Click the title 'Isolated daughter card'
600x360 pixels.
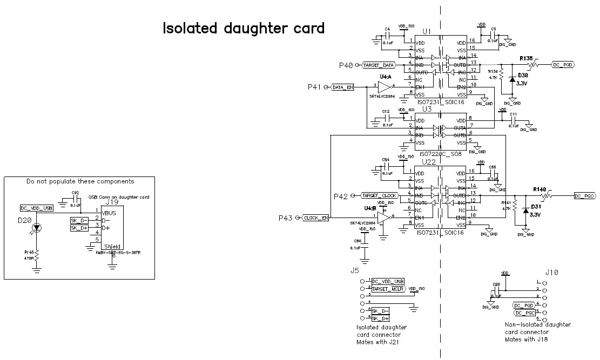tap(244, 28)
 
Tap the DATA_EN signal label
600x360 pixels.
tap(343, 87)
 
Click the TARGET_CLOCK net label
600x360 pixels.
tap(379, 195)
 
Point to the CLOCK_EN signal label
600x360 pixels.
tap(316, 218)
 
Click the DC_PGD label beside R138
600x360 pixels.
tap(562, 65)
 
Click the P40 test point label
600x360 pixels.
tap(346, 65)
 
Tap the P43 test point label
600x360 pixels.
tap(285, 218)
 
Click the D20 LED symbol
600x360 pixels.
tap(36, 228)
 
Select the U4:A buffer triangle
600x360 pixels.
tap(385, 86)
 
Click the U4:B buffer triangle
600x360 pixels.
tap(385, 217)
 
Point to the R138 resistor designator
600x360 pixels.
tap(526, 58)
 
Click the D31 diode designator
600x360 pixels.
tap(536, 207)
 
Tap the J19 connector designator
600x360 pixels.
tap(112, 202)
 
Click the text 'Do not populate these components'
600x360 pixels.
tap(80, 181)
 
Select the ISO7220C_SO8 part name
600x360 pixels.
tap(440, 154)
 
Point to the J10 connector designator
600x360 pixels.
tap(551, 273)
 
